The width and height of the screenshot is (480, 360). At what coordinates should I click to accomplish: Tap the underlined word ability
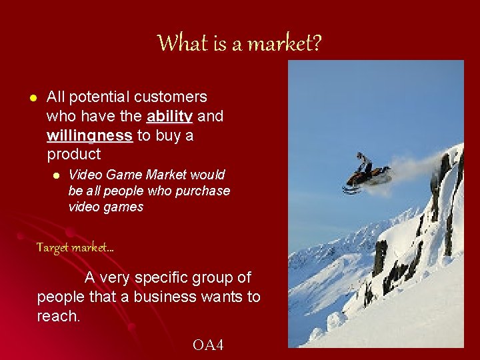(x=170, y=117)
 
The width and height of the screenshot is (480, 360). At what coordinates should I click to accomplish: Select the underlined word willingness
(x=89, y=136)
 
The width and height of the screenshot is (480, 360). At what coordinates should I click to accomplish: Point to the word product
(x=73, y=155)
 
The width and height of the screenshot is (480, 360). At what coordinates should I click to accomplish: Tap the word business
(x=162, y=297)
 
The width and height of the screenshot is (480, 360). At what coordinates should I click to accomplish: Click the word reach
(x=58, y=316)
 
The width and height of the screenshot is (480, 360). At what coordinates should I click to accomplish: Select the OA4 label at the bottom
(x=208, y=345)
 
